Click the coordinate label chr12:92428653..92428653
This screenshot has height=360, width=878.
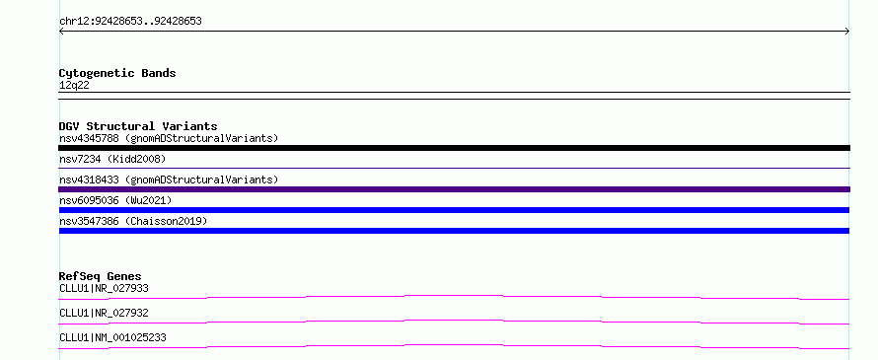tap(130, 22)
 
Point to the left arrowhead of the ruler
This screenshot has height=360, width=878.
tap(60, 32)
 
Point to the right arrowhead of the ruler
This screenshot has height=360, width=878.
tap(848, 32)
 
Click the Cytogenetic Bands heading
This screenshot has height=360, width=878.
tap(117, 73)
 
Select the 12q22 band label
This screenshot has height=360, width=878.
tap(74, 86)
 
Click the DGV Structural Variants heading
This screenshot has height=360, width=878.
tap(138, 126)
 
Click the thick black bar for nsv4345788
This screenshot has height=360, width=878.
tap(454, 148)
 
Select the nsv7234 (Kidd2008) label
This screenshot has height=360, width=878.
tap(112, 159)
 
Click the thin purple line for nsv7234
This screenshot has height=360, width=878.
tap(454, 168)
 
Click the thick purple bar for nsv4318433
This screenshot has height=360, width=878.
tap(454, 189)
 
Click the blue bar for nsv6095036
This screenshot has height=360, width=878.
tap(454, 210)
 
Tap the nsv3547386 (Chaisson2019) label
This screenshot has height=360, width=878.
tap(133, 221)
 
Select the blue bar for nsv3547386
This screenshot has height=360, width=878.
tap(454, 231)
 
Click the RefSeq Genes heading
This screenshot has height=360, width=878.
tap(101, 276)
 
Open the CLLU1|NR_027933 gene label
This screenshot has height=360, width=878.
tap(104, 288)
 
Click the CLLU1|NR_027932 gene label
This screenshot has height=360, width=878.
tap(104, 313)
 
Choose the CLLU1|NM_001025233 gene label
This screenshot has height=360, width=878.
tap(112, 337)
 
